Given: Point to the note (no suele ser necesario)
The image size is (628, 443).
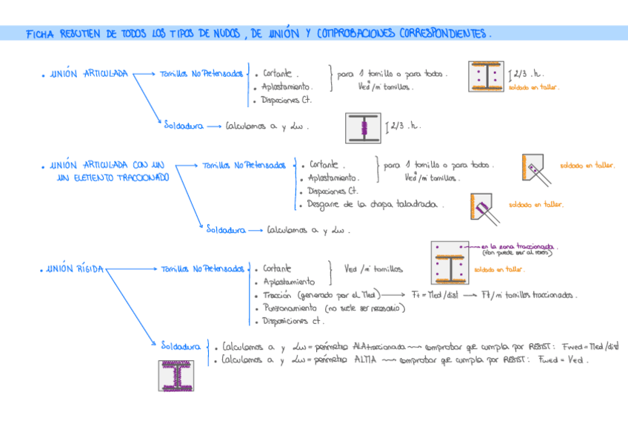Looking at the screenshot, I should click(365, 308).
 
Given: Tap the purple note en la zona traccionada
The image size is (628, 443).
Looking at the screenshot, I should click(519, 246).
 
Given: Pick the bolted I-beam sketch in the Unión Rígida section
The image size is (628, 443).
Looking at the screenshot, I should click(450, 263).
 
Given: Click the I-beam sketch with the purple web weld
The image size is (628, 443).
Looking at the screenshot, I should click(364, 128).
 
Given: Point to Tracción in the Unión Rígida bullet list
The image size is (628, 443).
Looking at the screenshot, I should click(277, 294).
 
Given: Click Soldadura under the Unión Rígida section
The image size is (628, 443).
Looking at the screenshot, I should click(181, 345).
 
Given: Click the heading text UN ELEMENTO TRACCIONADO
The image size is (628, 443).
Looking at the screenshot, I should click(113, 177).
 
